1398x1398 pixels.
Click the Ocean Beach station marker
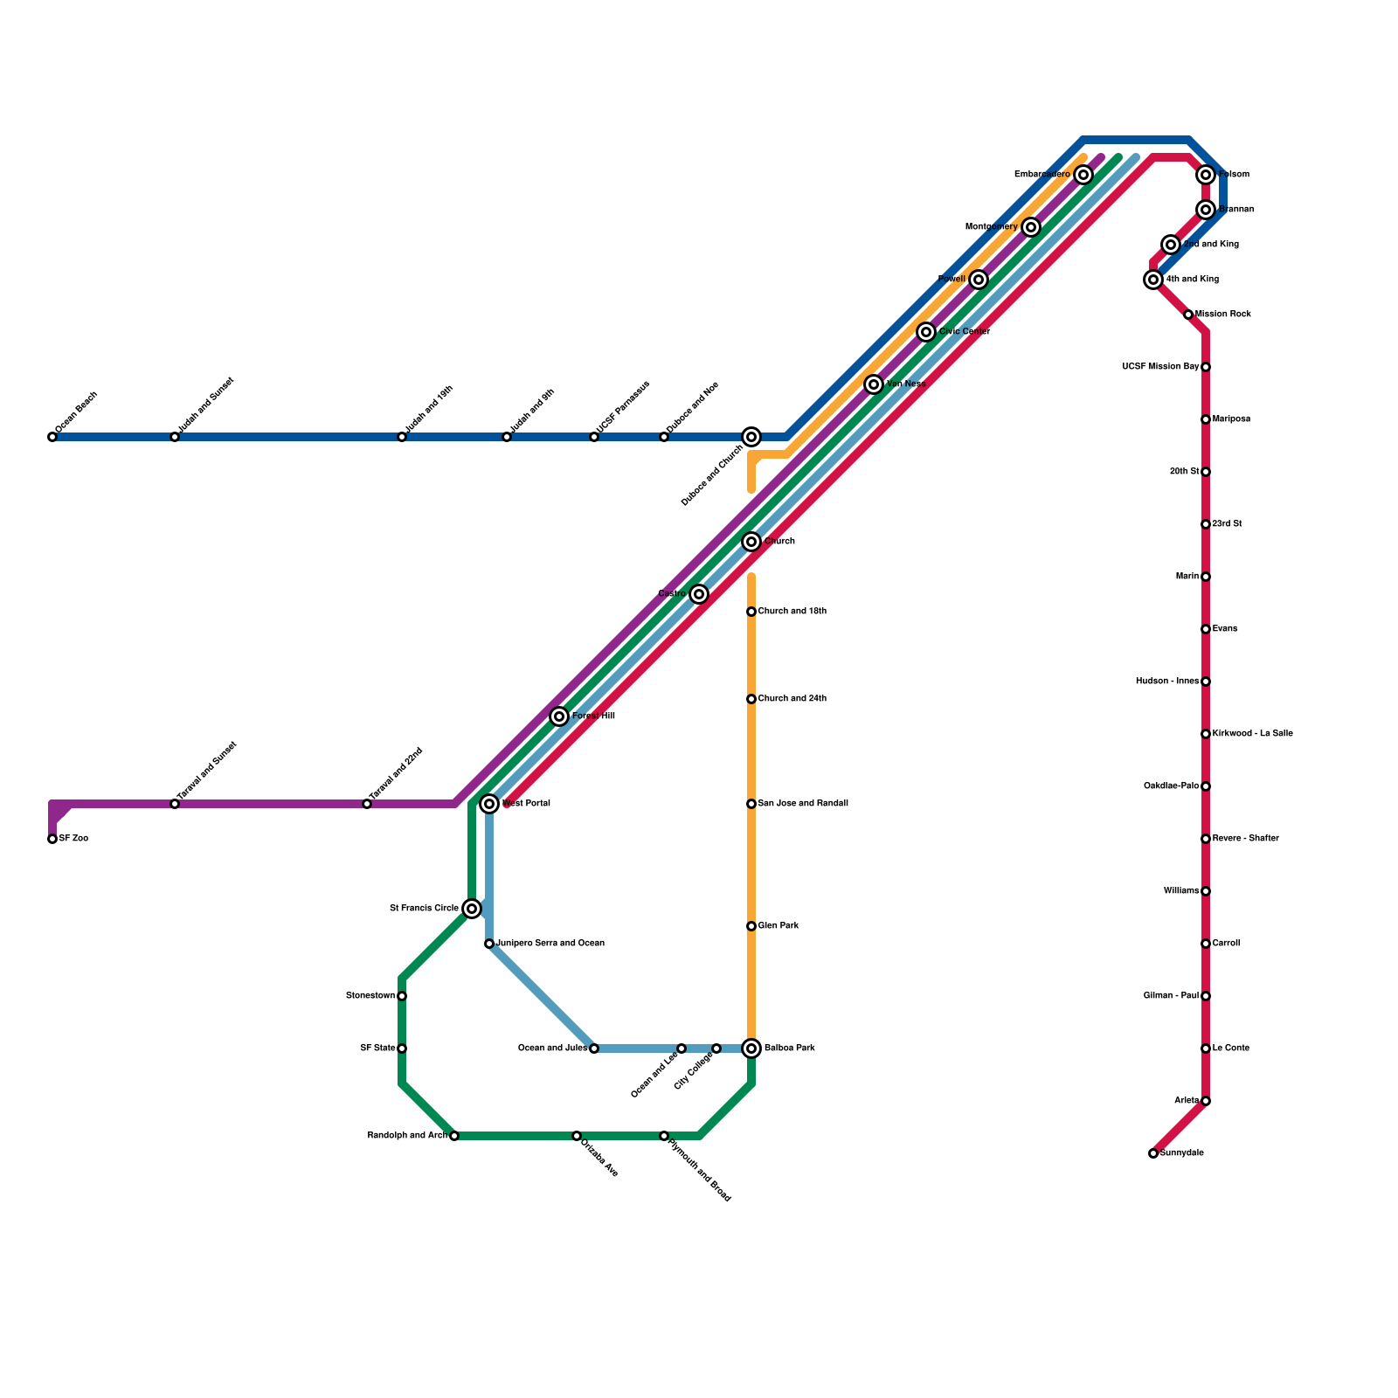pos(52,437)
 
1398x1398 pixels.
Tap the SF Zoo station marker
pos(52,839)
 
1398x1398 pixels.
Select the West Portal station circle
pos(489,804)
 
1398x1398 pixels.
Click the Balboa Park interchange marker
pos(751,1048)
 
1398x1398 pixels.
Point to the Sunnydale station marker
pos(1153,1153)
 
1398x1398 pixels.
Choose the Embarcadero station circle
pos(1083,175)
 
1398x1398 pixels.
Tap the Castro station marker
pos(699,594)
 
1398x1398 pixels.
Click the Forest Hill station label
pos(593,716)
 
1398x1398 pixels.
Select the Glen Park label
pos(779,926)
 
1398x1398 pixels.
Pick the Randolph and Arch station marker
pos(454,1136)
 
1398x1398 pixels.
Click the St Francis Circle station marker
pos(472,909)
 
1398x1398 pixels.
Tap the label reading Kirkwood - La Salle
pos(1253,734)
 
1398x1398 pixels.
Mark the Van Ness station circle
pos(874,384)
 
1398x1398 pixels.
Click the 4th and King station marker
pos(1153,280)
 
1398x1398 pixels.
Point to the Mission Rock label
pos(1223,315)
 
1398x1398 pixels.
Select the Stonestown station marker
pos(402,996)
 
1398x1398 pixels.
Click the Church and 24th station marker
pos(751,699)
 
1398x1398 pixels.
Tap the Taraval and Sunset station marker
pos(175,804)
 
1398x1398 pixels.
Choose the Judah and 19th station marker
pos(402,437)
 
